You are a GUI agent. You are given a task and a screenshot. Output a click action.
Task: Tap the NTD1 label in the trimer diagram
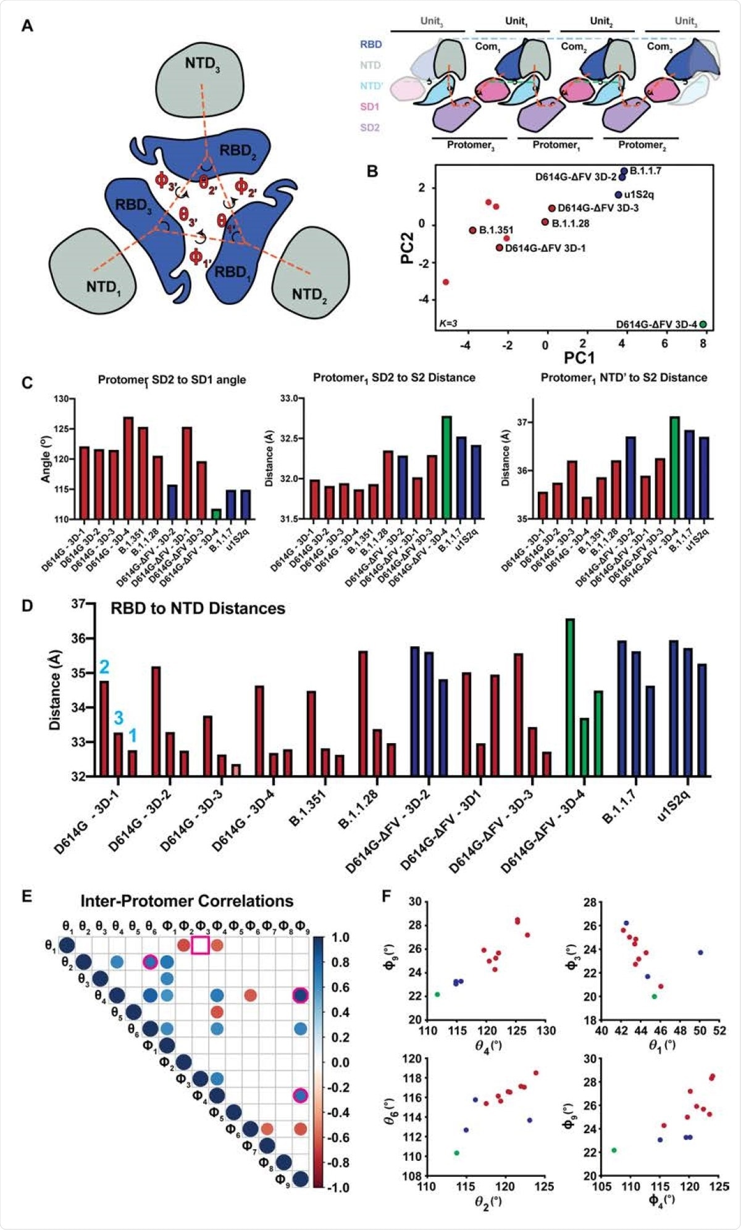click(103, 287)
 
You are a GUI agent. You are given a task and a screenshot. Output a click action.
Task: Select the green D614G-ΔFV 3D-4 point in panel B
click(703, 325)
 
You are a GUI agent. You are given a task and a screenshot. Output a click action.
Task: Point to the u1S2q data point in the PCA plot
click(618, 195)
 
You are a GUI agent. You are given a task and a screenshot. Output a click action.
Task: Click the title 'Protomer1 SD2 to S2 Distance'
click(394, 377)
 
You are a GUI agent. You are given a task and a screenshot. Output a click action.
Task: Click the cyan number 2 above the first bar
click(104, 667)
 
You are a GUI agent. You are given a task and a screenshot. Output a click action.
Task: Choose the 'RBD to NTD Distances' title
click(198, 609)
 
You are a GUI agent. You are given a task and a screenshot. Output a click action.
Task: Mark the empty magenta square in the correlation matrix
click(200, 945)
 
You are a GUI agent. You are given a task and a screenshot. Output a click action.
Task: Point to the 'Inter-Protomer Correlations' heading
click(186, 901)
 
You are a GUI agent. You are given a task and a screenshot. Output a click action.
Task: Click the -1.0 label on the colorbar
click(338, 1187)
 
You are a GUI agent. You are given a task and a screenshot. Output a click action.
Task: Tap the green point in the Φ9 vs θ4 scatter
click(437, 994)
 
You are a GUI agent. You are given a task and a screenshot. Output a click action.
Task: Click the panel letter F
click(387, 895)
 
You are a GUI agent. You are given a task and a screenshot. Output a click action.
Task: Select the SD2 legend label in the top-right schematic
click(369, 128)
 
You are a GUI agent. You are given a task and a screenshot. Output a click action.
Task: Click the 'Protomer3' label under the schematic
click(471, 145)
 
